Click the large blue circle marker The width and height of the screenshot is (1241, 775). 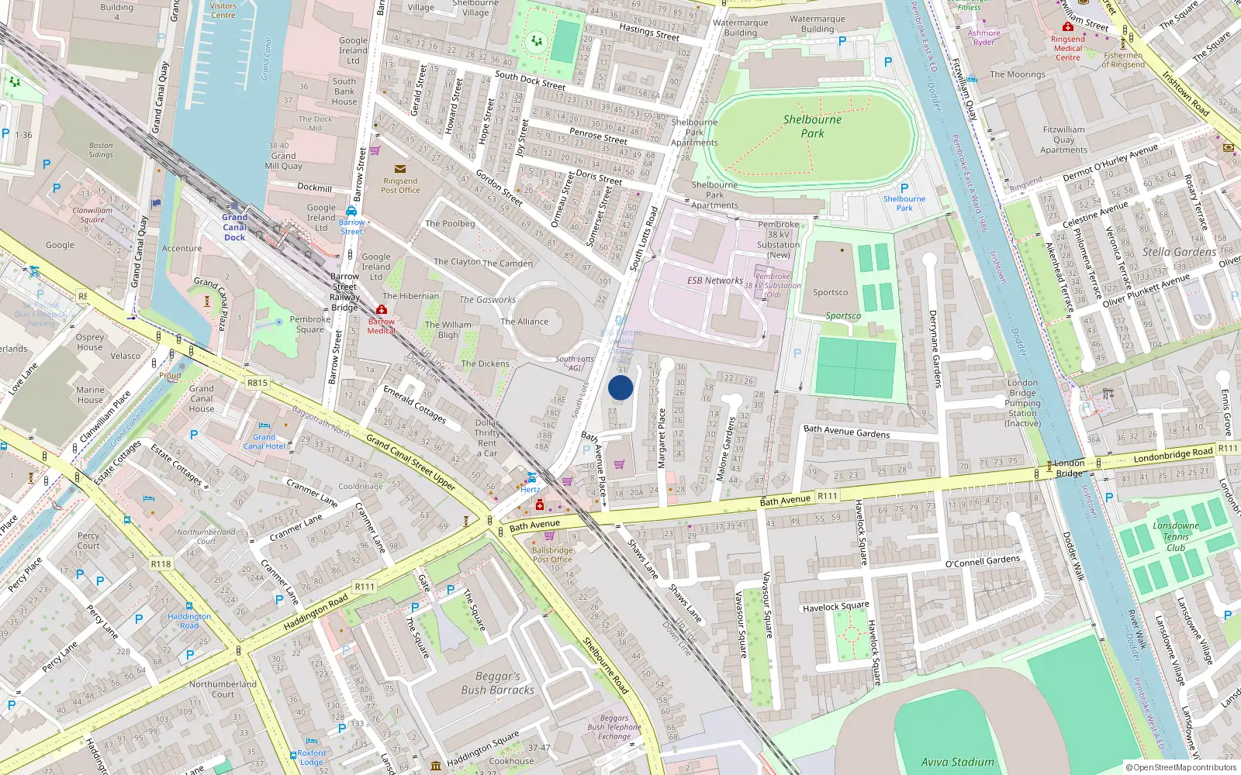tap(620, 387)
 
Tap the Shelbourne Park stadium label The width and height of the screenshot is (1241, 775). tap(812, 126)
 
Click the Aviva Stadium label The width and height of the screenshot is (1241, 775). tap(957, 762)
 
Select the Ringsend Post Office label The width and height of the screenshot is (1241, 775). tap(400, 185)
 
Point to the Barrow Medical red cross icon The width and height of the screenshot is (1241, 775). tap(381, 310)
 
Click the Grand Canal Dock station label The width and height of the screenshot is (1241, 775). tap(235, 227)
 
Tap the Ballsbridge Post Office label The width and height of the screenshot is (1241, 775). tap(552, 555)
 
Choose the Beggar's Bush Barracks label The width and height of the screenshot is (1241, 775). tap(497, 683)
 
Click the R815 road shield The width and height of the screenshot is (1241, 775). tap(257, 383)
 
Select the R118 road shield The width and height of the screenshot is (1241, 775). tap(161, 564)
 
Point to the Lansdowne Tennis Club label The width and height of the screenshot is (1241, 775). tap(1176, 536)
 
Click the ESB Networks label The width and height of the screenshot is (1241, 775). tap(714, 281)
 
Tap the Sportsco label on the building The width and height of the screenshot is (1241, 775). tap(830, 293)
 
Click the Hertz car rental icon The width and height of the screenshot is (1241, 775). tap(532, 477)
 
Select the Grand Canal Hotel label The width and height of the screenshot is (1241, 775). tap(264, 442)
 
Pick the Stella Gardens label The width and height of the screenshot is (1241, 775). tap(1179, 253)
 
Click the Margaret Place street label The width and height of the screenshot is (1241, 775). tap(662, 438)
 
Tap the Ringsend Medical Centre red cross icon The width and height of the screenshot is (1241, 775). tap(1067, 27)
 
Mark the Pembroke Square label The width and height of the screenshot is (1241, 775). tap(310, 324)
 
